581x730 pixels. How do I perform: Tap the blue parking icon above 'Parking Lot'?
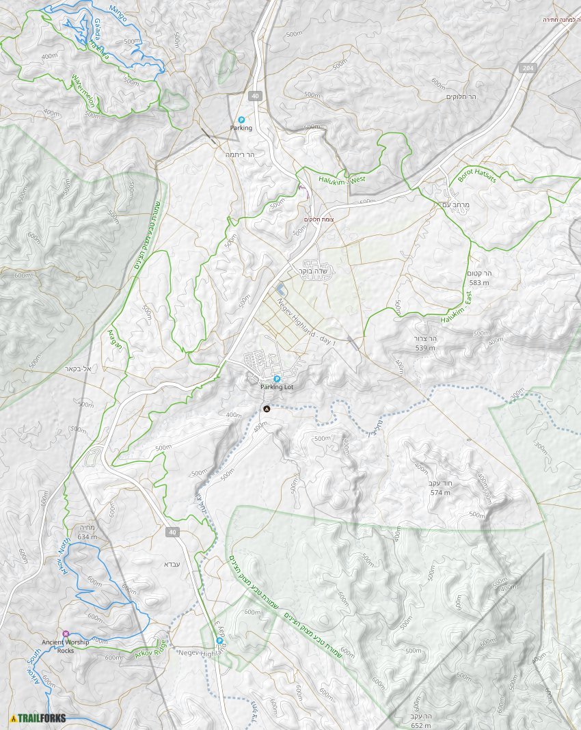point(277,379)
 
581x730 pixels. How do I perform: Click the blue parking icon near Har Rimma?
point(241,120)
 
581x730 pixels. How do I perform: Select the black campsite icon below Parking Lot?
point(267,409)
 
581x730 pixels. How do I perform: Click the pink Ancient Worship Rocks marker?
point(66,634)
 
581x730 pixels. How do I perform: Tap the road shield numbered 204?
point(527,68)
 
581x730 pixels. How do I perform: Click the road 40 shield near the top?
point(254,96)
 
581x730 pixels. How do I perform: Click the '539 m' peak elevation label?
point(425,348)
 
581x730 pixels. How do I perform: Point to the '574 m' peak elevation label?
point(440,492)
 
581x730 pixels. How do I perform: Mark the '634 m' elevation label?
point(87,537)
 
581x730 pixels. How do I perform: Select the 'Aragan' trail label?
point(115,339)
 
